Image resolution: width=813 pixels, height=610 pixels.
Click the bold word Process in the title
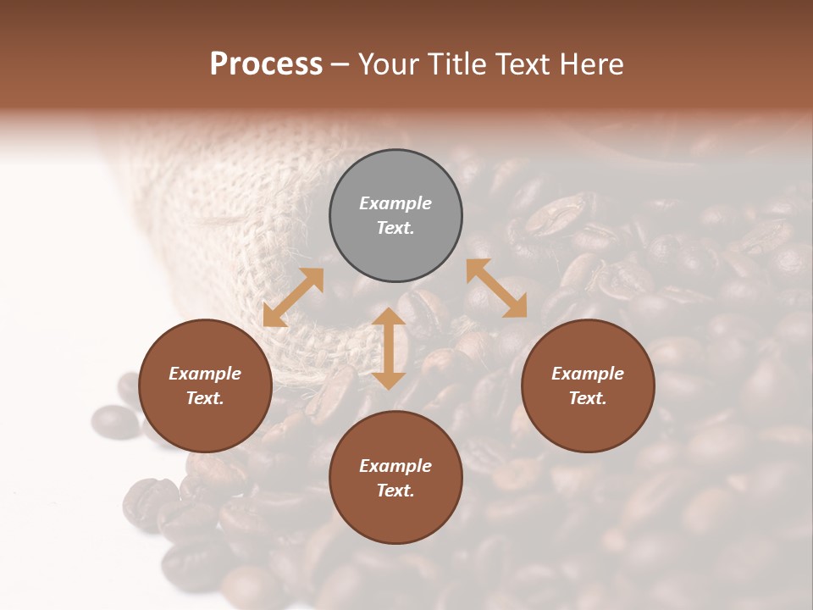(x=266, y=64)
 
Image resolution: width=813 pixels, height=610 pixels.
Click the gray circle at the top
(x=395, y=216)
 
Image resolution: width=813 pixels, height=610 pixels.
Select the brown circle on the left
(x=205, y=385)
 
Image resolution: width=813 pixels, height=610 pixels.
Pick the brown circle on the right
(x=588, y=385)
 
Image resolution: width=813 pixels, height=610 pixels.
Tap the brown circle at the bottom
(x=395, y=478)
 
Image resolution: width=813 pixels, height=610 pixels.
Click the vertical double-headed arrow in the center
(x=389, y=348)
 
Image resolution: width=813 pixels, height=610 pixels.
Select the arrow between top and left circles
(x=293, y=297)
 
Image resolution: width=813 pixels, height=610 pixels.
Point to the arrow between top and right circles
(x=496, y=288)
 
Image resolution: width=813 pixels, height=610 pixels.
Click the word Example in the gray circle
(x=395, y=203)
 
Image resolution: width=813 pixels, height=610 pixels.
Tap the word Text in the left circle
(x=205, y=398)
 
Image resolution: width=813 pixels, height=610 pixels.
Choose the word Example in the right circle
(x=588, y=374)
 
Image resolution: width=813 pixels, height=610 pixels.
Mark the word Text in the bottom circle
(x=395, y=491)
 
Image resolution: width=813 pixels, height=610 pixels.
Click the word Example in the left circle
(x=205, y=374)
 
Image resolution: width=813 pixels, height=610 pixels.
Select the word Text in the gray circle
(x=395, y=228)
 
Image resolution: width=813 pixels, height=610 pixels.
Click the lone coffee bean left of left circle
(x=114, y=421)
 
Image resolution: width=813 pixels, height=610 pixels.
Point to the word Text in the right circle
(x=588, y=398)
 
